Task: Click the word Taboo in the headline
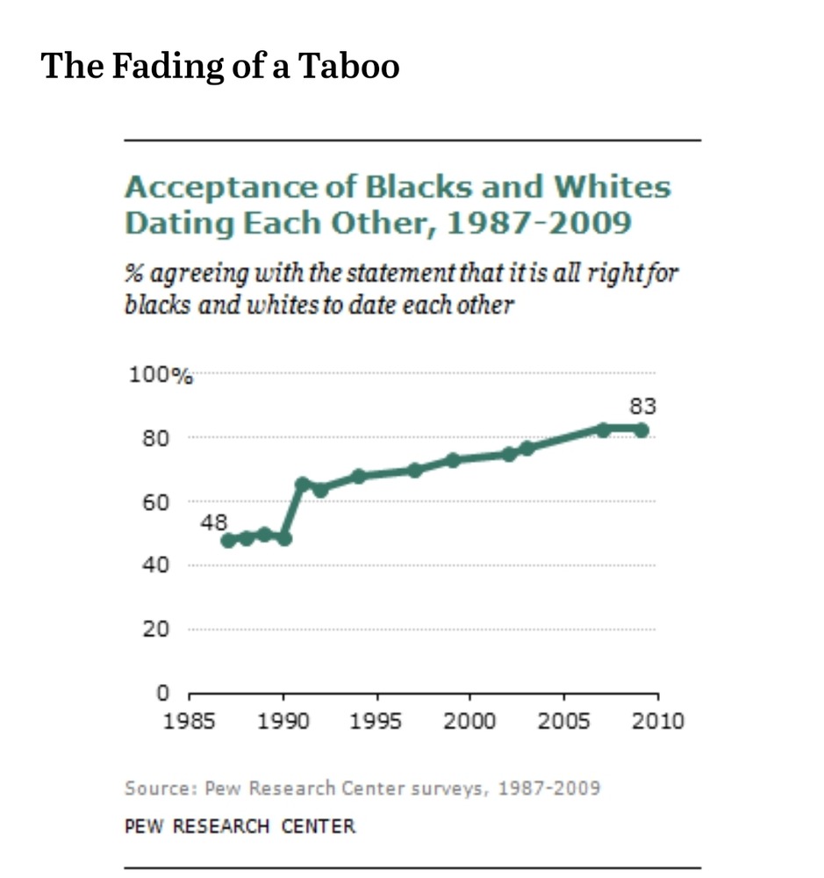(350, 66)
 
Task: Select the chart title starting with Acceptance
(397, 204)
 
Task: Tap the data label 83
(642, 406)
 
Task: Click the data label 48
(214, 522)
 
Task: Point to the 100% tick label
(161, 375)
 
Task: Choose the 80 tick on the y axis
(155, 437)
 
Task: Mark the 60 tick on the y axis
(155, 501)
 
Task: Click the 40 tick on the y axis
(155, 565)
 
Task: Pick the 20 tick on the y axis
(155, 629)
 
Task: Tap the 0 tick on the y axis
(161, 692)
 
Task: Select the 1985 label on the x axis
(190, 721)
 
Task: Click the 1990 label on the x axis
(283, 721)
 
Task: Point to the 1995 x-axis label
(376, 721)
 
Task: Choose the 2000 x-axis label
(470, 721)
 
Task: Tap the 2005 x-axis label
(564, 721)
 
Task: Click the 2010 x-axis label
(657, 721)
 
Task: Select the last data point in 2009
(641, 430)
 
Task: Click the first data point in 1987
(228, 540)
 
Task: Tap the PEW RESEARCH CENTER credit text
(240, 826)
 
